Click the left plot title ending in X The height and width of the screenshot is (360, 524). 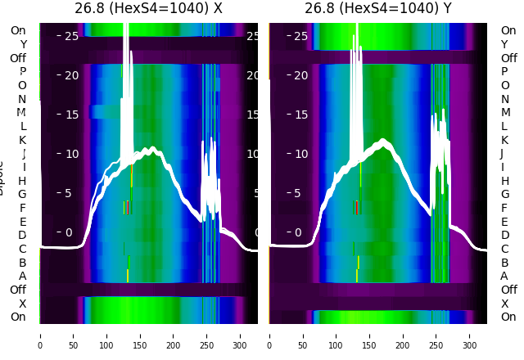148,9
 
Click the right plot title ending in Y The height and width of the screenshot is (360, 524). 378,9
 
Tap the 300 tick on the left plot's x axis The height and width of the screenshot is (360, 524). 241,335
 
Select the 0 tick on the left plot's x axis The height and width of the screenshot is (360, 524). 39,335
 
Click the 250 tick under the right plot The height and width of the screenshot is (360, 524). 436,335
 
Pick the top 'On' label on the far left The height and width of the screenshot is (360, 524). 18,30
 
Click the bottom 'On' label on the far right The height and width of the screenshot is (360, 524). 508,317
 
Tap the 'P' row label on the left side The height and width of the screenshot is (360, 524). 23,71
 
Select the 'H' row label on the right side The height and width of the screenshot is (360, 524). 504,181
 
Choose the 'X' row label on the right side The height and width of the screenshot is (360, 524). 504,304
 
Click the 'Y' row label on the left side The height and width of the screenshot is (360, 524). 23,44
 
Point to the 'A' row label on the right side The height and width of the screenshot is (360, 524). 504,276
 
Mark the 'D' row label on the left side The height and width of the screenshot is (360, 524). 23,235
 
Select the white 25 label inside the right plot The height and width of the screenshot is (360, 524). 300,36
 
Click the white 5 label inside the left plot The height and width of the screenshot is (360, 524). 67,193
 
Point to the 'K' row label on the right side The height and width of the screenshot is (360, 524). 504,140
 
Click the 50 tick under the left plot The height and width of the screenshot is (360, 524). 73,335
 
